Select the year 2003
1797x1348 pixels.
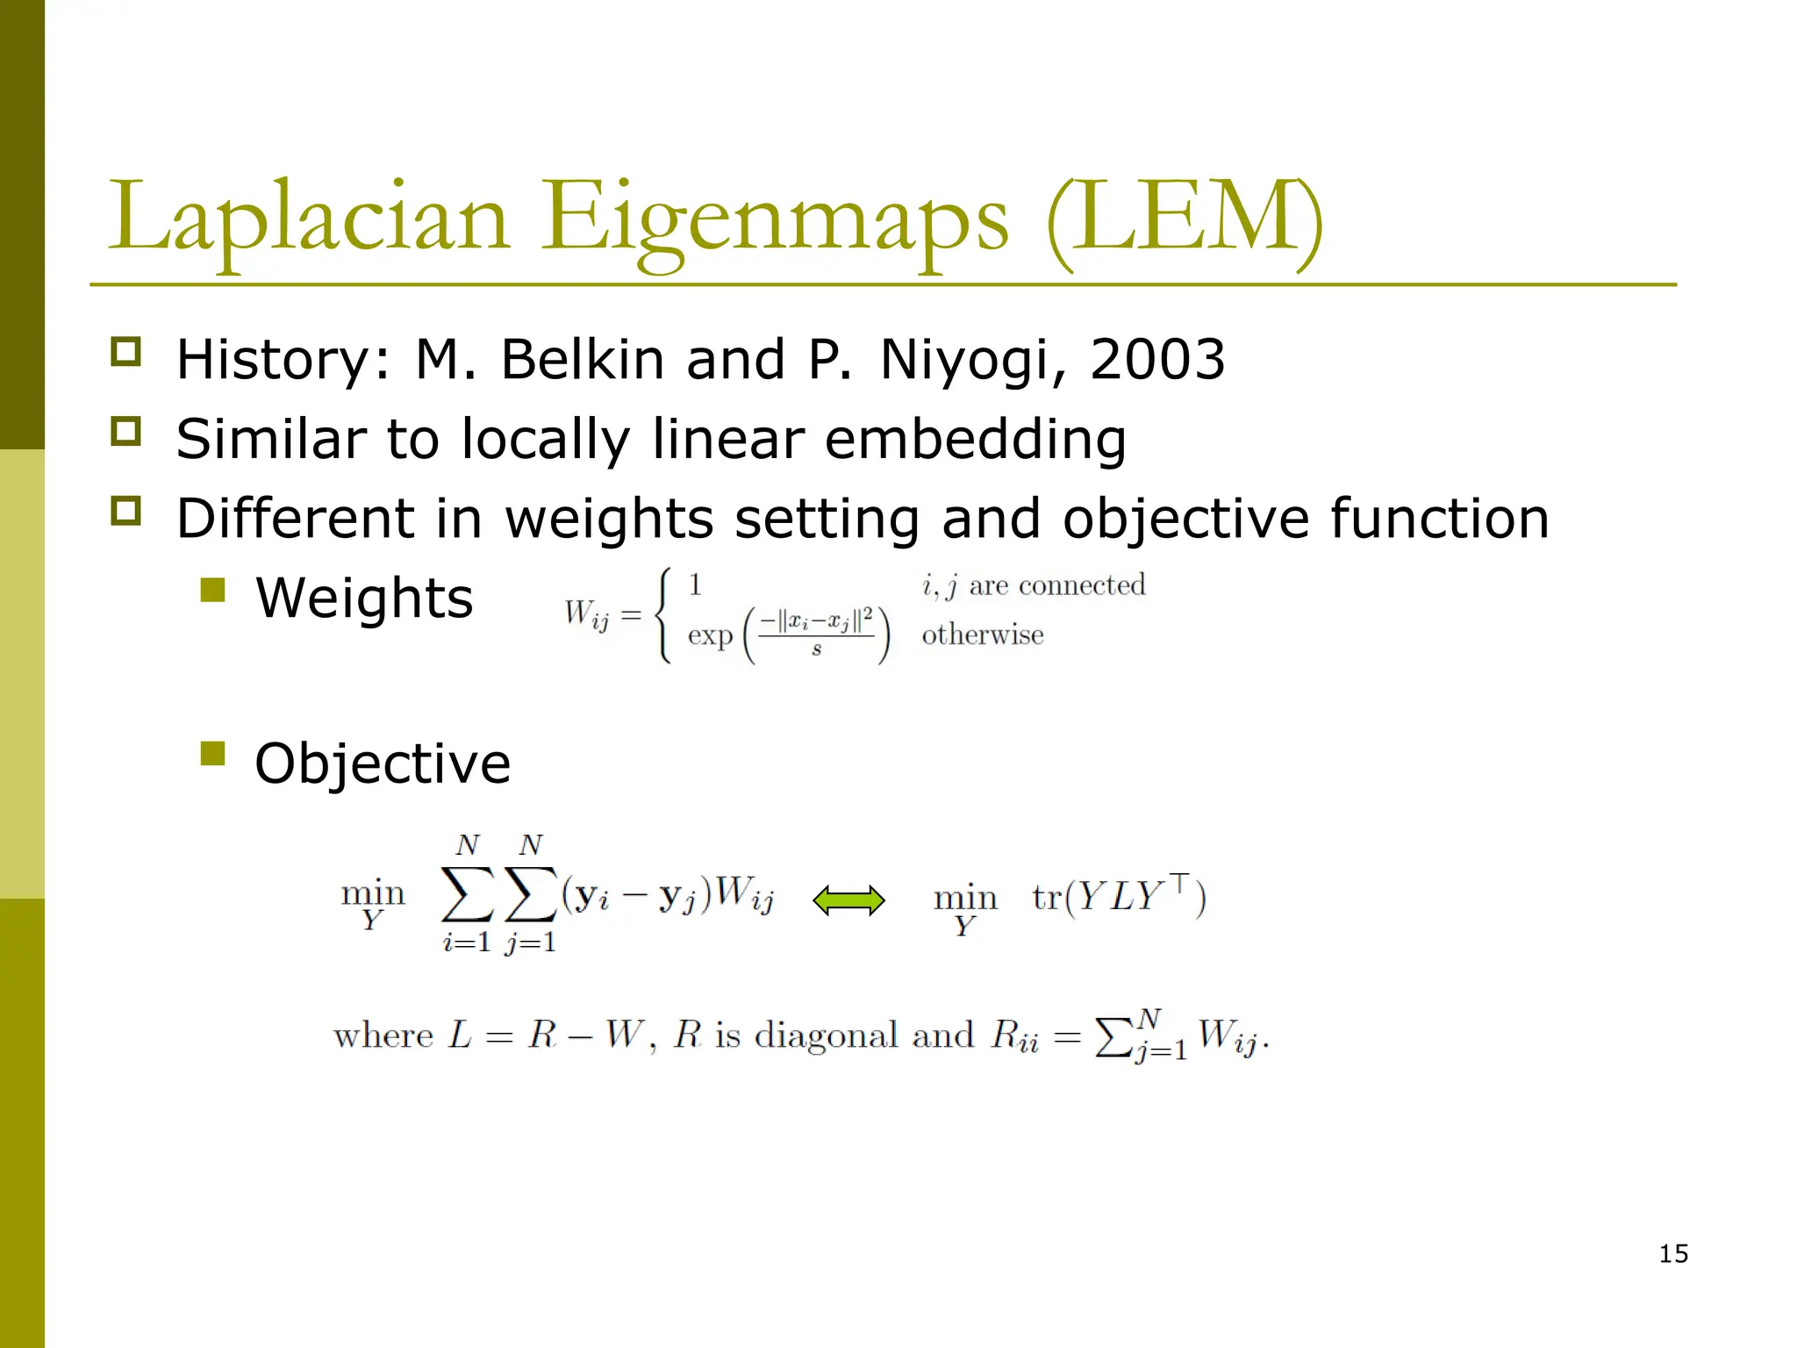point(1156,360)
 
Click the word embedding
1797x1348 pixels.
point(975,439)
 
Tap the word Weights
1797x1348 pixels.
point(364,599)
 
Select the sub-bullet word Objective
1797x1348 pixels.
point(383,764)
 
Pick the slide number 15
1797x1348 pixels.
point(1673,1254)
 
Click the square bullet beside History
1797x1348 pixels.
point(125,352)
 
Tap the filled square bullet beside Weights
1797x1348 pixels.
point(212,590)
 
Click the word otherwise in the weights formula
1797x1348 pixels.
point(983,635)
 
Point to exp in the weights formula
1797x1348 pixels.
point(709,635)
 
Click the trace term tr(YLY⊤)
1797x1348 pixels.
point(1119,896)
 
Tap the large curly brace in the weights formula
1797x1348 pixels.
point(665,614)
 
